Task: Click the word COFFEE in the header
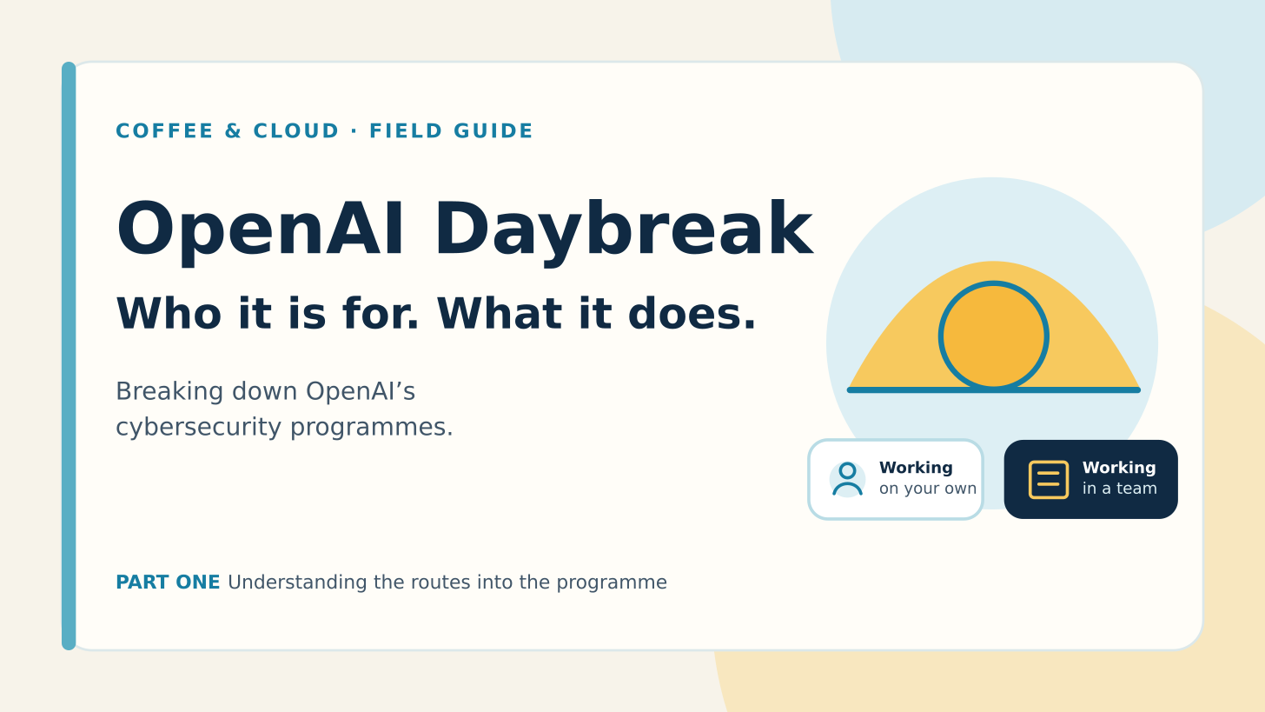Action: click(164, 131)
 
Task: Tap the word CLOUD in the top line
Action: click(296, 131)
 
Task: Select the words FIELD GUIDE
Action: click(451, 131)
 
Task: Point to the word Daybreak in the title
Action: click(624, 231)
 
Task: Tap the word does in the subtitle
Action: click(692, 314)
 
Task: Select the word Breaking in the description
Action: click(169, 392)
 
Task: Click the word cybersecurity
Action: click(199, 428)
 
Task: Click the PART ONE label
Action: click(168, 582)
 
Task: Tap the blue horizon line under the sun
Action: click(994, 389)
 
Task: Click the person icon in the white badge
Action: click(848, 479)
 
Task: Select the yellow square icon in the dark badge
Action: click(1049, 480)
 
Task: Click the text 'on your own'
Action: click(928, 489)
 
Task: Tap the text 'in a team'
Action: click(1120, 489)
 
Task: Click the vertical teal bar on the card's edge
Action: click(69, 356)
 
